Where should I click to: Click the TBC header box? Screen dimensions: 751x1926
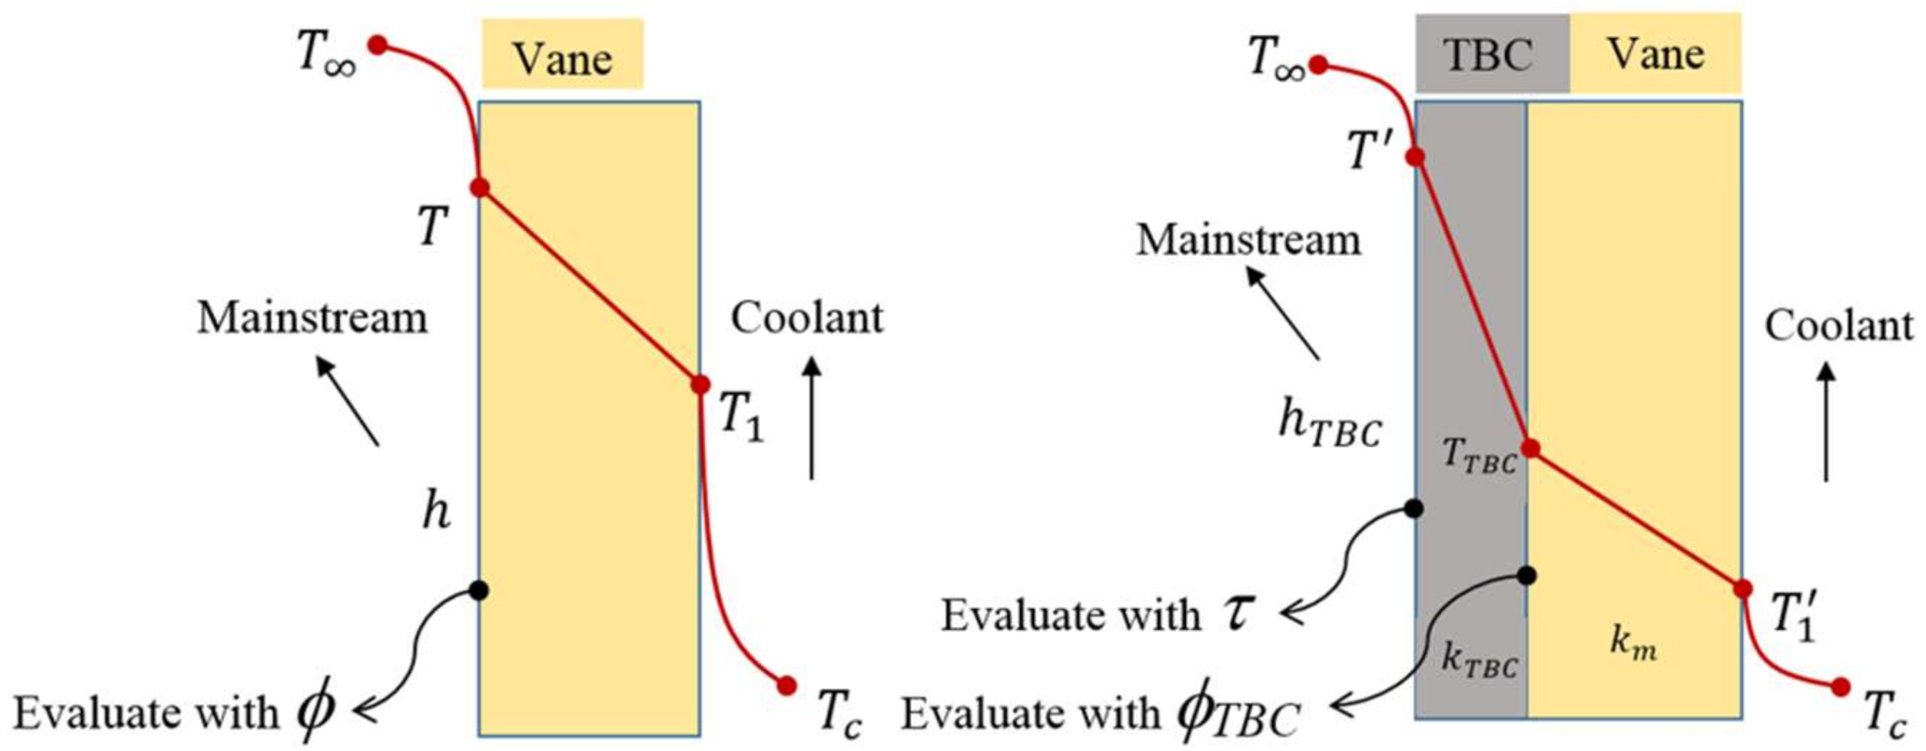(x=1492, y=54)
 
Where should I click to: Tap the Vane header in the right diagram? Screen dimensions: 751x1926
(x=1655, y=54)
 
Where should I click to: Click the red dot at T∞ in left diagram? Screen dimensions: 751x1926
(x=379, y=46)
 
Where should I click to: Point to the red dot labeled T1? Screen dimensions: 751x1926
(x=700, y=385)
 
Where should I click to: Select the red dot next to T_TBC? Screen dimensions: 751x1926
(x=1530, y=448)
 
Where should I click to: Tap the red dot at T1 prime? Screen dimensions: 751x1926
(x=1743, y=589)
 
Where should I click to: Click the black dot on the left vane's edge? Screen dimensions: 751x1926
(x=480, y=591)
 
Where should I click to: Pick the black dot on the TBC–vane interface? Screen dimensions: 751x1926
(x=1527, y=575)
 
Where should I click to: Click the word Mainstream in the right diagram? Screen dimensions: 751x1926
(x=1249, y=240)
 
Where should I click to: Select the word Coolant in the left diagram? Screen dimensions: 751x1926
(x=807, y=318)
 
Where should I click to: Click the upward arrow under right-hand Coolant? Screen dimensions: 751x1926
(x=1827, y=422)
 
